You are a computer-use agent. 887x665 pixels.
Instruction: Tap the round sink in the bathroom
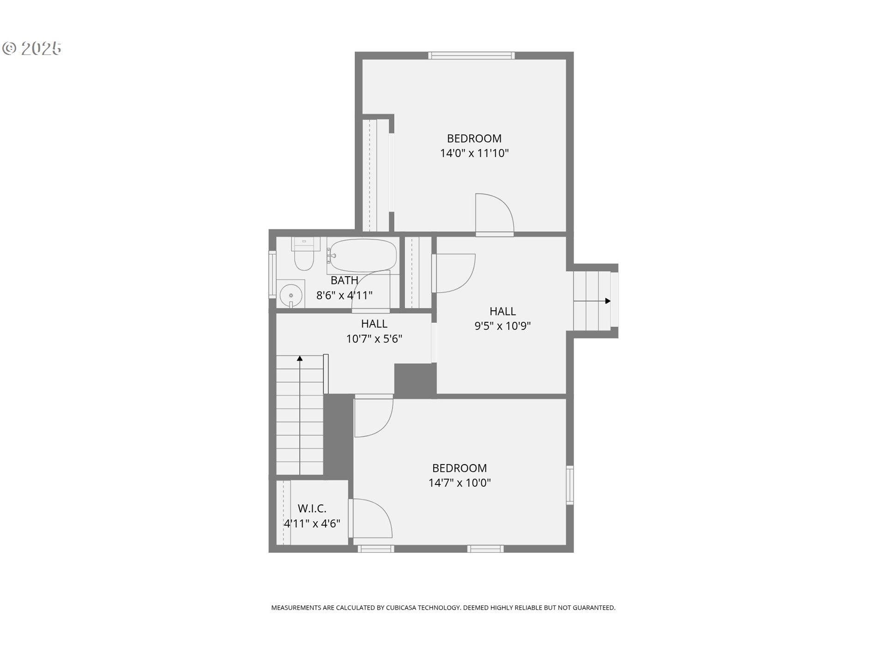291,295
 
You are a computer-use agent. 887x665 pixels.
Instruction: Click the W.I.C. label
312,508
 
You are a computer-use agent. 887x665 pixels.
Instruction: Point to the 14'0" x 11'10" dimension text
474,153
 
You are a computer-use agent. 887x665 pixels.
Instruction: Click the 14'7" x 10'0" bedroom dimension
459,483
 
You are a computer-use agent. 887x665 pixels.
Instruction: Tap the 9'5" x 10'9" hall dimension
503,326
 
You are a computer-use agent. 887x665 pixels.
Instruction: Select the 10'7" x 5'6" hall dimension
374,339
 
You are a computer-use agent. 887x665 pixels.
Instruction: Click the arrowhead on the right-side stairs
608,301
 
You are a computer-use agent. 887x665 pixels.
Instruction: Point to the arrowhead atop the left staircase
300,358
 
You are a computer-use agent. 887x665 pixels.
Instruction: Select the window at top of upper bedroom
471,56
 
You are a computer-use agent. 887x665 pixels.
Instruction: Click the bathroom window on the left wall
272,275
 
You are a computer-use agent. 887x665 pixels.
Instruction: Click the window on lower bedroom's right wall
570,484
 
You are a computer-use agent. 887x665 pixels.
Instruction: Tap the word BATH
344,280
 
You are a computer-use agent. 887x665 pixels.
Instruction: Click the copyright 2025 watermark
32,48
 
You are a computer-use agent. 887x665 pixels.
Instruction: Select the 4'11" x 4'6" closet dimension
312,524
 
